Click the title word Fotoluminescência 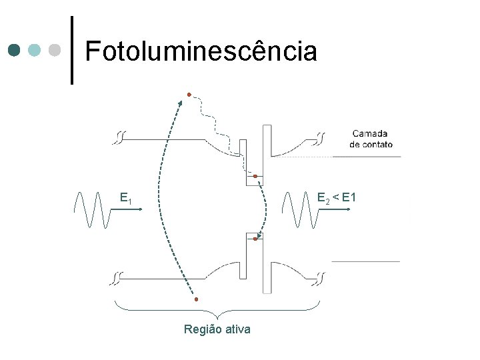click(x=201, y=51)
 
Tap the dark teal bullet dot click(x=15, y=50)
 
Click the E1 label click(x=125, y=198)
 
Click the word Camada click(x=370, y=133)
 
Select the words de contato click(x=371, y=144)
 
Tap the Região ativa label click(x=217, y=329)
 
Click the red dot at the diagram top click(x=189, y=95)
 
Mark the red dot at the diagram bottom click(x=196, y=299)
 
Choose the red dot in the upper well click(x=255, y=176)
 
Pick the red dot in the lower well click(x=256, y=239)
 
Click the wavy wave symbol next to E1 click(x=91, y=209)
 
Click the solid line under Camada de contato click(x=367, y=156)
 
